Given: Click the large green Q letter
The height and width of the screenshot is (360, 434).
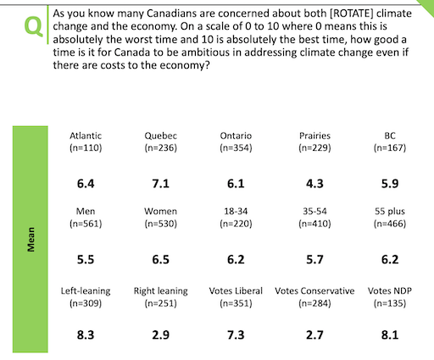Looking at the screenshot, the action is (x=34, y=26).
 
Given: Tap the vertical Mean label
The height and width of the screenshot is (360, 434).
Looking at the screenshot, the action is (x=31, y=240).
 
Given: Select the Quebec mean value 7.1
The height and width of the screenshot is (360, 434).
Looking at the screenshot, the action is (x=160, y=184).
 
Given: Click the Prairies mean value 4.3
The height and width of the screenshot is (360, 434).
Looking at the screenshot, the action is (x=314, y=184).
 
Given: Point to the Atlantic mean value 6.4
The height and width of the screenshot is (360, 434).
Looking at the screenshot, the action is (x=86, y=184).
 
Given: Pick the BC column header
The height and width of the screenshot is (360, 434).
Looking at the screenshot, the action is (x=390, y=136).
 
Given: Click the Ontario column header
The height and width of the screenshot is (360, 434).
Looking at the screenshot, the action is (x=236, y=136).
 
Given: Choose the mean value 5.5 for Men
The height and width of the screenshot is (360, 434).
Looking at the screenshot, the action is (x=86, y=259).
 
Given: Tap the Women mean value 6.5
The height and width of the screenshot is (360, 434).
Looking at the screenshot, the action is (x=160, y=259).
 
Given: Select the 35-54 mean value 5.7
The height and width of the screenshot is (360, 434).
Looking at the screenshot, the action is (x=314, y=259).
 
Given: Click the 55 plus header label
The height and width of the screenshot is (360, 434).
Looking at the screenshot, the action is (x=390, y=212).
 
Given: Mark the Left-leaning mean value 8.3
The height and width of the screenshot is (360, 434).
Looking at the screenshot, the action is (x=86, y=335).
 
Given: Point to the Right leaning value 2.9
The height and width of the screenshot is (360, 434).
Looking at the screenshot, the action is (x=160, y=335).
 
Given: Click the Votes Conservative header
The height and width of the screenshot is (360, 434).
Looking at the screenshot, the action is (x=314, y=291).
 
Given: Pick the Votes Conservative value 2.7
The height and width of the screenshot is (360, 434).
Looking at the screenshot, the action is (x=314, y=335).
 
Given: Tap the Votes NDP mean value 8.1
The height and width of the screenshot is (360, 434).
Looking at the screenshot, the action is (x=390, y=335).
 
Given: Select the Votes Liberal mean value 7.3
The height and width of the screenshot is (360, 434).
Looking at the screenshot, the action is (x=236, y=335).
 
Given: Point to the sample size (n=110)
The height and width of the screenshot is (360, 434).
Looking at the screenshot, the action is (x=86, y=148).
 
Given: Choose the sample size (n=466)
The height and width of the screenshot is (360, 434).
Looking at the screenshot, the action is (x=390, y=224).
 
